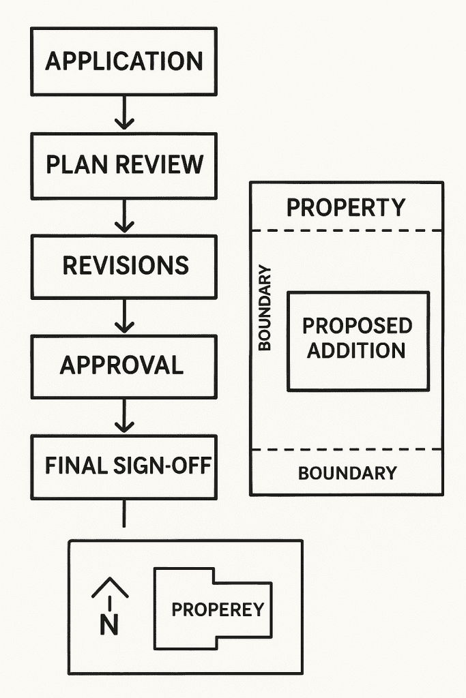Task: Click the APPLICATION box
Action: tap(123, 61)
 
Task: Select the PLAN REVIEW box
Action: tap(123, 165)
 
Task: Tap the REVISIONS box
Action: tap(123, 266)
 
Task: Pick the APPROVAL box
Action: tap(123, 366)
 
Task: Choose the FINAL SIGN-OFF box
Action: tap(123, 466)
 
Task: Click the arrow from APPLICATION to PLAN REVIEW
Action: tap(123, 113)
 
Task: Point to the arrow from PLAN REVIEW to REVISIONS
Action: tap(123, 217)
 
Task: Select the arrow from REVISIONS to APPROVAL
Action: tap(123, 317)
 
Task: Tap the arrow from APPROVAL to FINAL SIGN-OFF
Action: tap(123, 416)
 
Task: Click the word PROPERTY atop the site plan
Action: tap(345, 207)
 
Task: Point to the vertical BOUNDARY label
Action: tap(265, 307)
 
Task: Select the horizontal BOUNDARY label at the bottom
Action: tap(347, 473)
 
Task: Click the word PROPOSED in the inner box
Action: tap(358, 326)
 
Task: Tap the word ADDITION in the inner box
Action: tap(356, 350)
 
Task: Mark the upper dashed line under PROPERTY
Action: tap(347, 231)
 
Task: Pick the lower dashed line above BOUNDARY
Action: tap(347, 449)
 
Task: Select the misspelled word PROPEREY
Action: tap(217, 609)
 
